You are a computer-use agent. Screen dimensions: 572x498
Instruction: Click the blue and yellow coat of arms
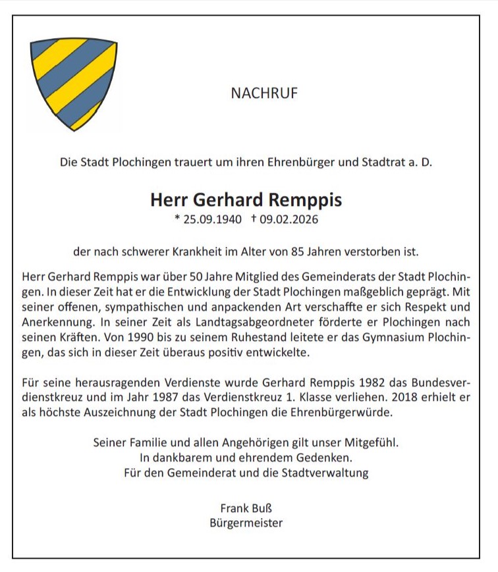pyautogui.click(x=73, y=82)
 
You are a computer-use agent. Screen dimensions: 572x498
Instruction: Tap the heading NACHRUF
pyautogui.click(x=264, y=93)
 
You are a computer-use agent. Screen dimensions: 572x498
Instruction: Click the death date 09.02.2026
pyautogui.click(x=289, y=219)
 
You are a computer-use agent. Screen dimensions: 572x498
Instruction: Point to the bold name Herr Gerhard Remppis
pyautogui.click(x=246, y=199)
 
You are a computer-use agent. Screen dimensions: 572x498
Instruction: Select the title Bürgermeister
pyautogui.click(x=246, y=523)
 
